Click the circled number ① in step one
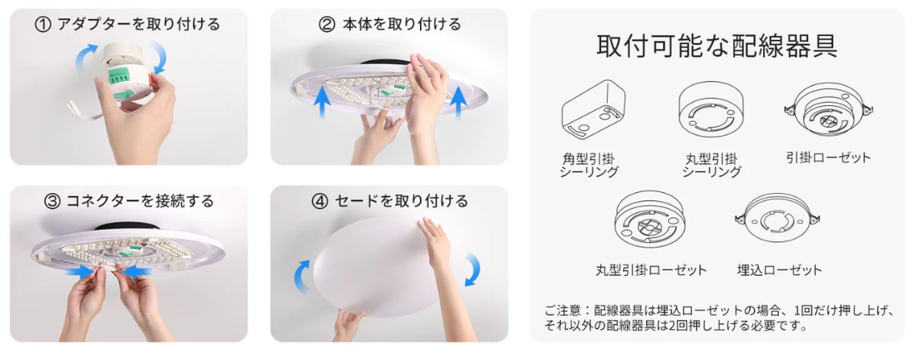click(x=43, y=25)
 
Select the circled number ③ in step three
click(x=53, y=202)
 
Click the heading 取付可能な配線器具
click(x=717, y=45)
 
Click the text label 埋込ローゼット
click(x=779, y=270)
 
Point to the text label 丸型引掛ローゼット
click(x=650, y=270)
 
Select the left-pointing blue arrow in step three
click(x=134, y=271)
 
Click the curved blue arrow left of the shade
click(x=301, y=276)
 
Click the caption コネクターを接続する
click(x=140, y=202)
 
